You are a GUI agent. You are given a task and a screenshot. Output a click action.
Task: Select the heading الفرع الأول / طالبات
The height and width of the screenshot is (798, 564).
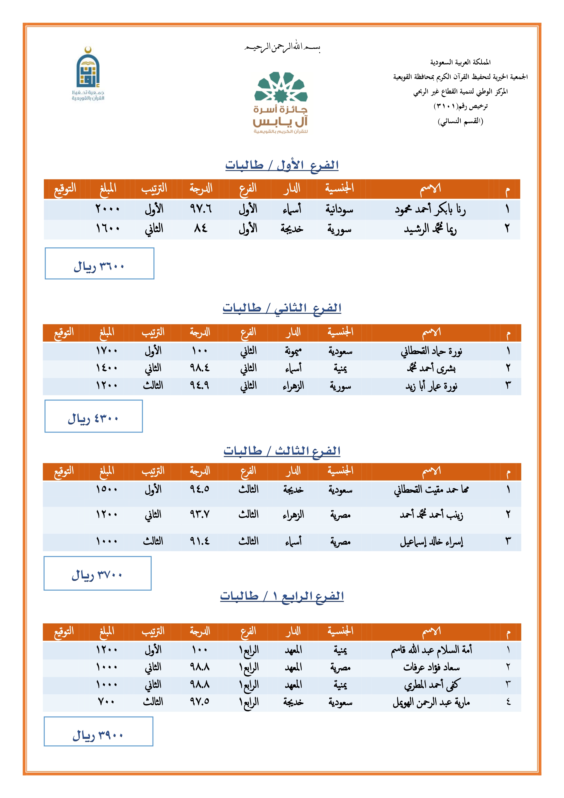[282, 165]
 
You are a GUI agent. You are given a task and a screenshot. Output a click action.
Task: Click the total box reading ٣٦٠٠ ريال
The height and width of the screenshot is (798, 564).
[99, 263]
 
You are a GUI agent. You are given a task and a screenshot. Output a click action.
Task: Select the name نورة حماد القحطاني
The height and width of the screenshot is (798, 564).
[431, 351]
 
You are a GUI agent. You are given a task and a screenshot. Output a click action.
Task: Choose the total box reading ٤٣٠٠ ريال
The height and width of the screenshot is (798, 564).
[93, 416]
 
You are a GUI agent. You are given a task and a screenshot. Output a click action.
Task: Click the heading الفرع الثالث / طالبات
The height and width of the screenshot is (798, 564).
[282, 451]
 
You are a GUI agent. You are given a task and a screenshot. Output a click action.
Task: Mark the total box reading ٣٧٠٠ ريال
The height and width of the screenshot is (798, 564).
[97, 574]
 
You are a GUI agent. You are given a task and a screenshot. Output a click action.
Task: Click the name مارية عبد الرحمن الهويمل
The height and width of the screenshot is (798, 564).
[431, 703]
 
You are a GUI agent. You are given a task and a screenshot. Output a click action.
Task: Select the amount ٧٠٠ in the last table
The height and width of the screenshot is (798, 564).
[106, 702]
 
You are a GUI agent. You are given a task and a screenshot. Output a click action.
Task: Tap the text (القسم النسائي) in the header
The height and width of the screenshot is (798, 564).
[460, 121]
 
